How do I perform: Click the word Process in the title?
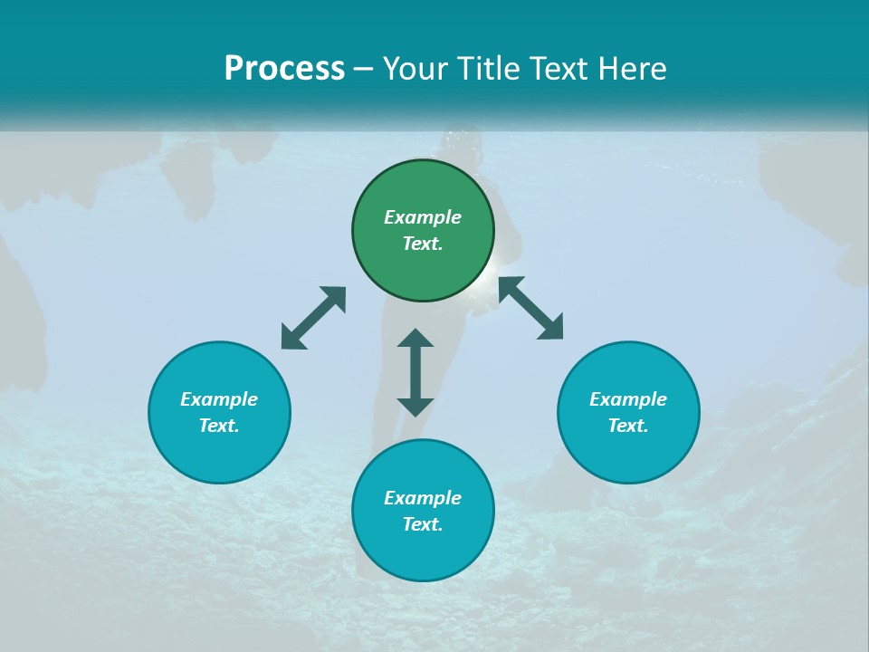coord(284,69)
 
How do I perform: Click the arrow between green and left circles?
coord(313,318)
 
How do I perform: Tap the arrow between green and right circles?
coord(530,308)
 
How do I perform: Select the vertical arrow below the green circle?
coord(415,372)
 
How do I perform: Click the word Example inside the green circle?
coord(423,217)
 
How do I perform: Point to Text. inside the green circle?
coord(423,244)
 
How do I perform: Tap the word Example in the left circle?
coord(219,399)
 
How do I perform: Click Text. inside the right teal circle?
coord(628,426)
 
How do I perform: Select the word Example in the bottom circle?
coord(423,498)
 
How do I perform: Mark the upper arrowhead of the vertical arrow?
coord(415,339)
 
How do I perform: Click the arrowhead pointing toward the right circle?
coord(550,327)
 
